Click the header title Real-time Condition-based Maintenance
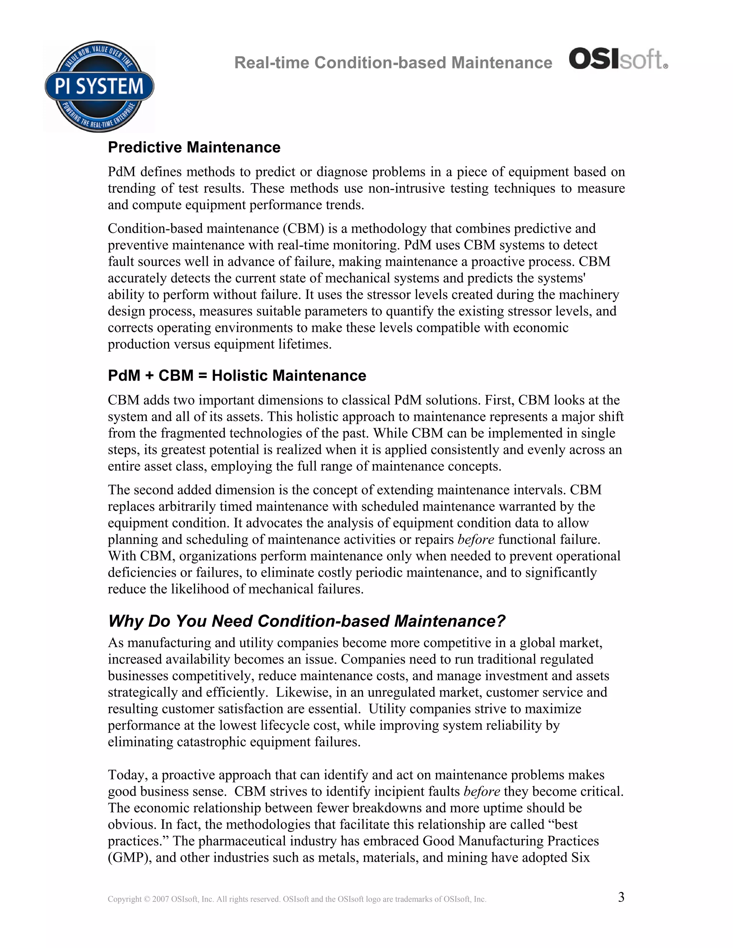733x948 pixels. point(393,63)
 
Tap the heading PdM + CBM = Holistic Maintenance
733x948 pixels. point(237,376)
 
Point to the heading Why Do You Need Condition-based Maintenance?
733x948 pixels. point(307,621)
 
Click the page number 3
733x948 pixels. point(621,897)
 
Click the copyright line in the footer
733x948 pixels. point(297,899)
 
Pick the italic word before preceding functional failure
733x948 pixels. point(476,539)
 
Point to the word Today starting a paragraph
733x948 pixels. point(128,775)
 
